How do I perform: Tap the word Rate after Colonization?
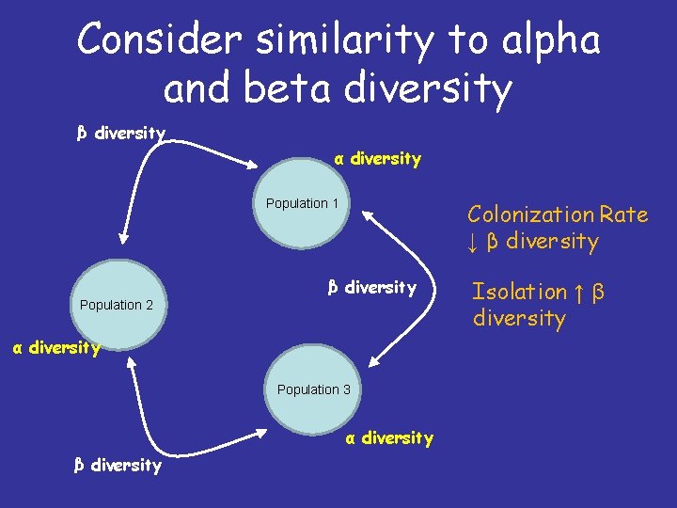click(x=623, y=214)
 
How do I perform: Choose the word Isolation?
click(x=519, y=292)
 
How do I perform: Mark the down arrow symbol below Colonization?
click(x=473, y=243)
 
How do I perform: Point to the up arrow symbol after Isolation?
click(x=580, y=292)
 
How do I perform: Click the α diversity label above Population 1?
click(x=377, y=159)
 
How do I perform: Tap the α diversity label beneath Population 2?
click(x=55, y=348)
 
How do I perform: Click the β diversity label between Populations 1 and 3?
click(x=370, y=287)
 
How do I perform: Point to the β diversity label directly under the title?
click(x=121, y=133)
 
